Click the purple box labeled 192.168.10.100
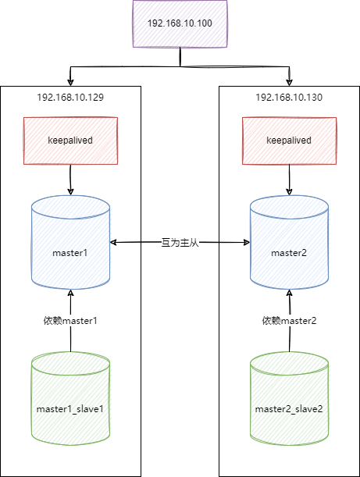(x=180, y=23)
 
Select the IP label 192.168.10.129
(x=70, y=98)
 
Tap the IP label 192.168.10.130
(x=289, y=98)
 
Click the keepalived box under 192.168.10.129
(x=70, y=141)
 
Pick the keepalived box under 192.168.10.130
(x=290, y=141)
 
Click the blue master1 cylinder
(x=70, y=242)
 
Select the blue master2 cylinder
(x=290, y=242)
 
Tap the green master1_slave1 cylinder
(x=70, y=398)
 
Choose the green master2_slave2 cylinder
(x=290, y=398)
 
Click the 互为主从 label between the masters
(x=180, y=243)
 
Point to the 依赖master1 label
(x=70, y=321)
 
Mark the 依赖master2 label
(x=289, y=321)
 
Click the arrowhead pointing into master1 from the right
(x=113, y=243)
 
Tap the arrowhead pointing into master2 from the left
(x=247, y=243)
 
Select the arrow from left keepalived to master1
(x=70, y=180)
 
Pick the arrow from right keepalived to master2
(x=290, y=180)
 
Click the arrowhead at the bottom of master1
(x=70, y=293)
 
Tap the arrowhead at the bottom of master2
(x=290, y=293)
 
